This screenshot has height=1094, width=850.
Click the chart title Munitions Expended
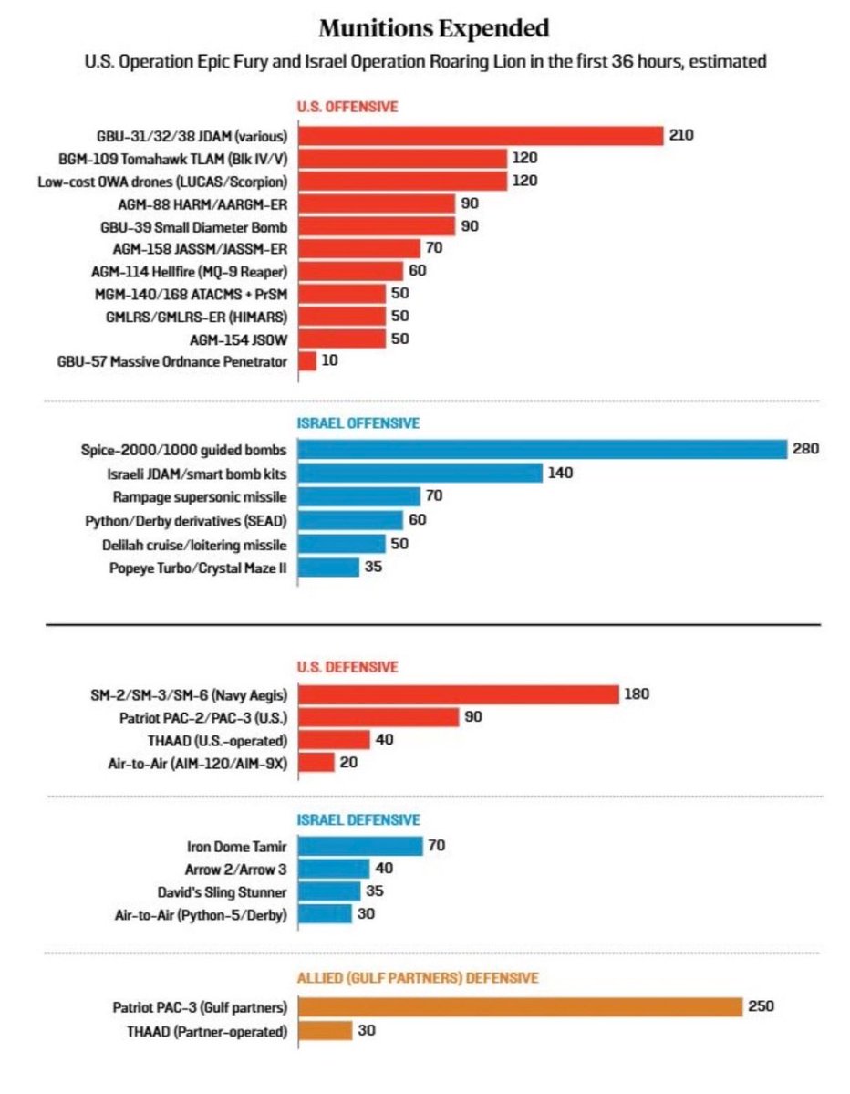[x=434, y=28]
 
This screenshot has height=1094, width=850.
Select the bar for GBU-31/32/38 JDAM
[x=481, y=135]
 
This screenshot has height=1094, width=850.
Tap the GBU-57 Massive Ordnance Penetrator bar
[x=307, y=360]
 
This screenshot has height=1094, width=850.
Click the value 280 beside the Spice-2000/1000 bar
[x=807, y=449]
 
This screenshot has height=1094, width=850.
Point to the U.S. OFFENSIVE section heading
[x=348, y=107]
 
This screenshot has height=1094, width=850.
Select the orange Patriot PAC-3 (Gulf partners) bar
[x=521, y=1006]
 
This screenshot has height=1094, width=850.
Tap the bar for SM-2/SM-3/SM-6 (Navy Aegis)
[x=459, y=694]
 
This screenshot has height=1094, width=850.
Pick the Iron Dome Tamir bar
[x=361, y=846]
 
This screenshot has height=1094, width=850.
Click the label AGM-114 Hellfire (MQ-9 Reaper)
[x=190, y=271]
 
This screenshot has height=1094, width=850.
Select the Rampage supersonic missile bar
[x=359, y=496]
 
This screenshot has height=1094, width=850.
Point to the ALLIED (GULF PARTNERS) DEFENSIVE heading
[x=418, y=978]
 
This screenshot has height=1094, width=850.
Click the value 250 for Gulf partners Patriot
[x=762, y=1006]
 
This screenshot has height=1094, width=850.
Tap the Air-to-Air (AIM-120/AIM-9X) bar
[x=316, y=763]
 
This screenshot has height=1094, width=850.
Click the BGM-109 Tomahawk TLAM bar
[x=402, y=158]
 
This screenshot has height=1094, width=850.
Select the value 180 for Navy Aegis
[x=636, y=694]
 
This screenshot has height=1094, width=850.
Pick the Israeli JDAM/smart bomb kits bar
[x=420, y=473]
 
